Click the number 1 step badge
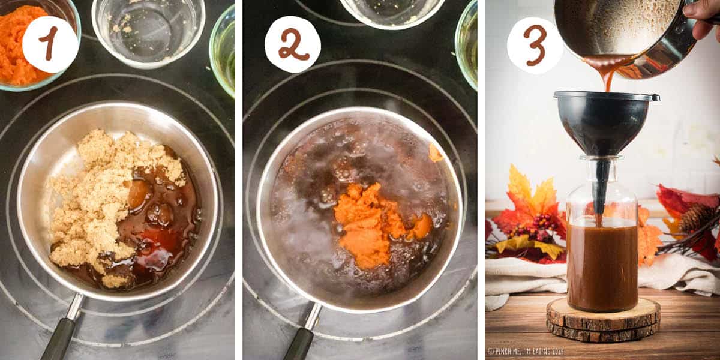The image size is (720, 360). [50, 44]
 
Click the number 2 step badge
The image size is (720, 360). [293, 44]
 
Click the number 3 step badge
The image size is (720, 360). [535, 44]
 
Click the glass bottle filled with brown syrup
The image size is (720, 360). [602, 258]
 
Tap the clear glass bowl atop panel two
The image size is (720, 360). [392, 12]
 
